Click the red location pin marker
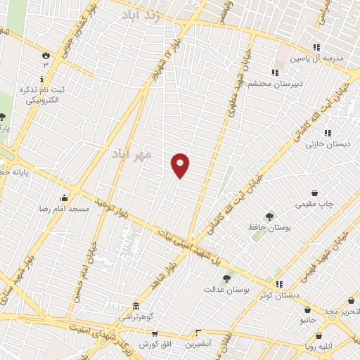[181, 165]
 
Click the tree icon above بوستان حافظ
[269, 216]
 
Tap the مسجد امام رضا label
[63, 210]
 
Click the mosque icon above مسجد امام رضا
[65, 198]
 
